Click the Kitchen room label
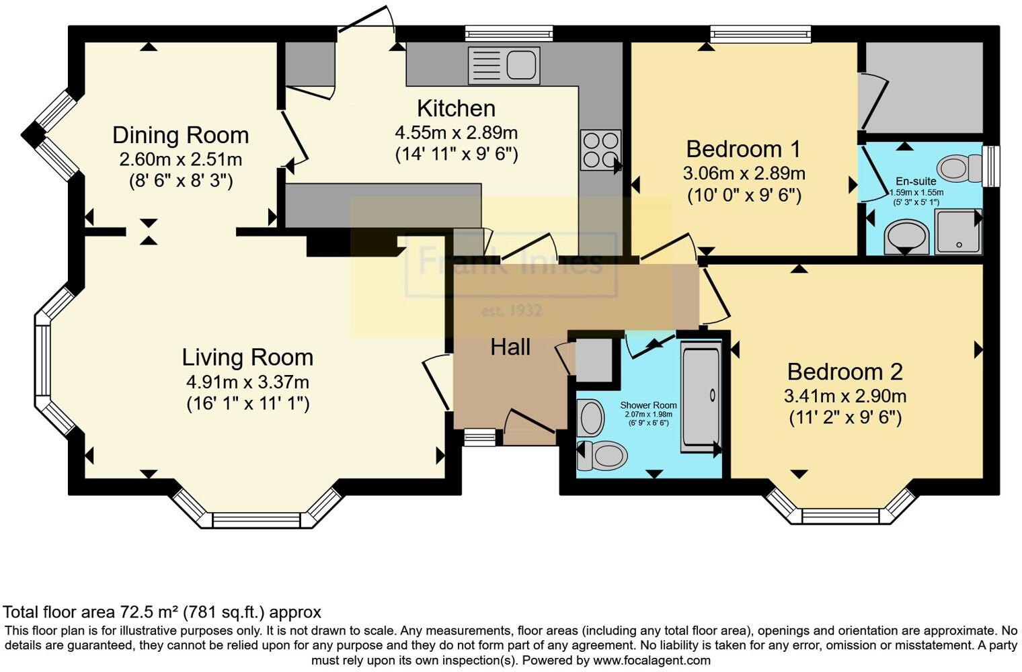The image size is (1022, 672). click(456, 108)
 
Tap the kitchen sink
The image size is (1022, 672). click(504, 65)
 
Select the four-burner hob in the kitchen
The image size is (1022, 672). click(600, 150)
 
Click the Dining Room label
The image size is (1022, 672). click(180, 135)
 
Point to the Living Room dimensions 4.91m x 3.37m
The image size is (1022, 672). click(247, 382)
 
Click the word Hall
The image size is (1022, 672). click(510, 347)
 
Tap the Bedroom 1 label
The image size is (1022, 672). click(743, 149)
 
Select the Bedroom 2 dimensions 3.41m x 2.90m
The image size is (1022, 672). click(844, 396)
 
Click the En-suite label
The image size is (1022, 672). click(916, 181)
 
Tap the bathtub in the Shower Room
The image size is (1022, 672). click(701, 396)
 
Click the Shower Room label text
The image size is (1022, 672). click(648, 405)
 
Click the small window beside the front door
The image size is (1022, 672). click(479, 438)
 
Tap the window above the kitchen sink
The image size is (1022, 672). click(508, 33)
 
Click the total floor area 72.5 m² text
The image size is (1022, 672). click(161, 612)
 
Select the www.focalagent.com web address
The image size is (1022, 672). click(652, 660)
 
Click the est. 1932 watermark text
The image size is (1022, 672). click(511, 311)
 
